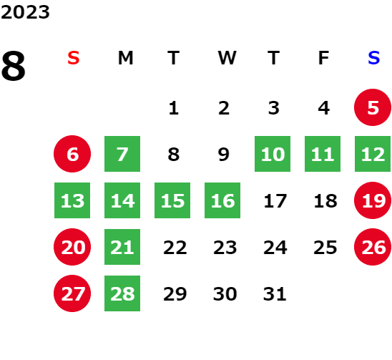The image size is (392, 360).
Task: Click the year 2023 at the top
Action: tap(25, 12)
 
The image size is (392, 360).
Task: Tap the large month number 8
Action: tap(14, 66)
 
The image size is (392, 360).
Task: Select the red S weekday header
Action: tap(74, 58)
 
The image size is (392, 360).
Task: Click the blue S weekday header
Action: tap(373, 58)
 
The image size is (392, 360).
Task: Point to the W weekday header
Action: tap(227, 58)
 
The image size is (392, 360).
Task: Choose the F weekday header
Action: tap(324, 58)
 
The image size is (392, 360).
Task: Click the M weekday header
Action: tap(125, 58)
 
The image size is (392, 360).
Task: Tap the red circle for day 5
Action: tap(373, 107)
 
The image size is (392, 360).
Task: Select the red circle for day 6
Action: tap(72, 154)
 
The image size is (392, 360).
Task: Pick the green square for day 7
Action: tap(122, 154)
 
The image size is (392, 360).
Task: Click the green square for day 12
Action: tap(373, 154)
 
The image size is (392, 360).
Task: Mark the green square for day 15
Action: tap(172, 200)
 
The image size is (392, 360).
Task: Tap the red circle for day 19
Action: tap(373, 200)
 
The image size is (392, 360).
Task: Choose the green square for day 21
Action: tap(122, 247)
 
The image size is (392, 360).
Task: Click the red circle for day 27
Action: tap(72, 293)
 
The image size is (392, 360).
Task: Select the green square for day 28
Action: tap(122, 293)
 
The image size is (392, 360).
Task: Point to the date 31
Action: tap(275, 293)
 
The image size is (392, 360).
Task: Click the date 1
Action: tap(174, 108)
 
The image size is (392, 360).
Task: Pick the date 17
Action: tap(275, 201)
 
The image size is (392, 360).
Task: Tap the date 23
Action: tap(225, 248)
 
